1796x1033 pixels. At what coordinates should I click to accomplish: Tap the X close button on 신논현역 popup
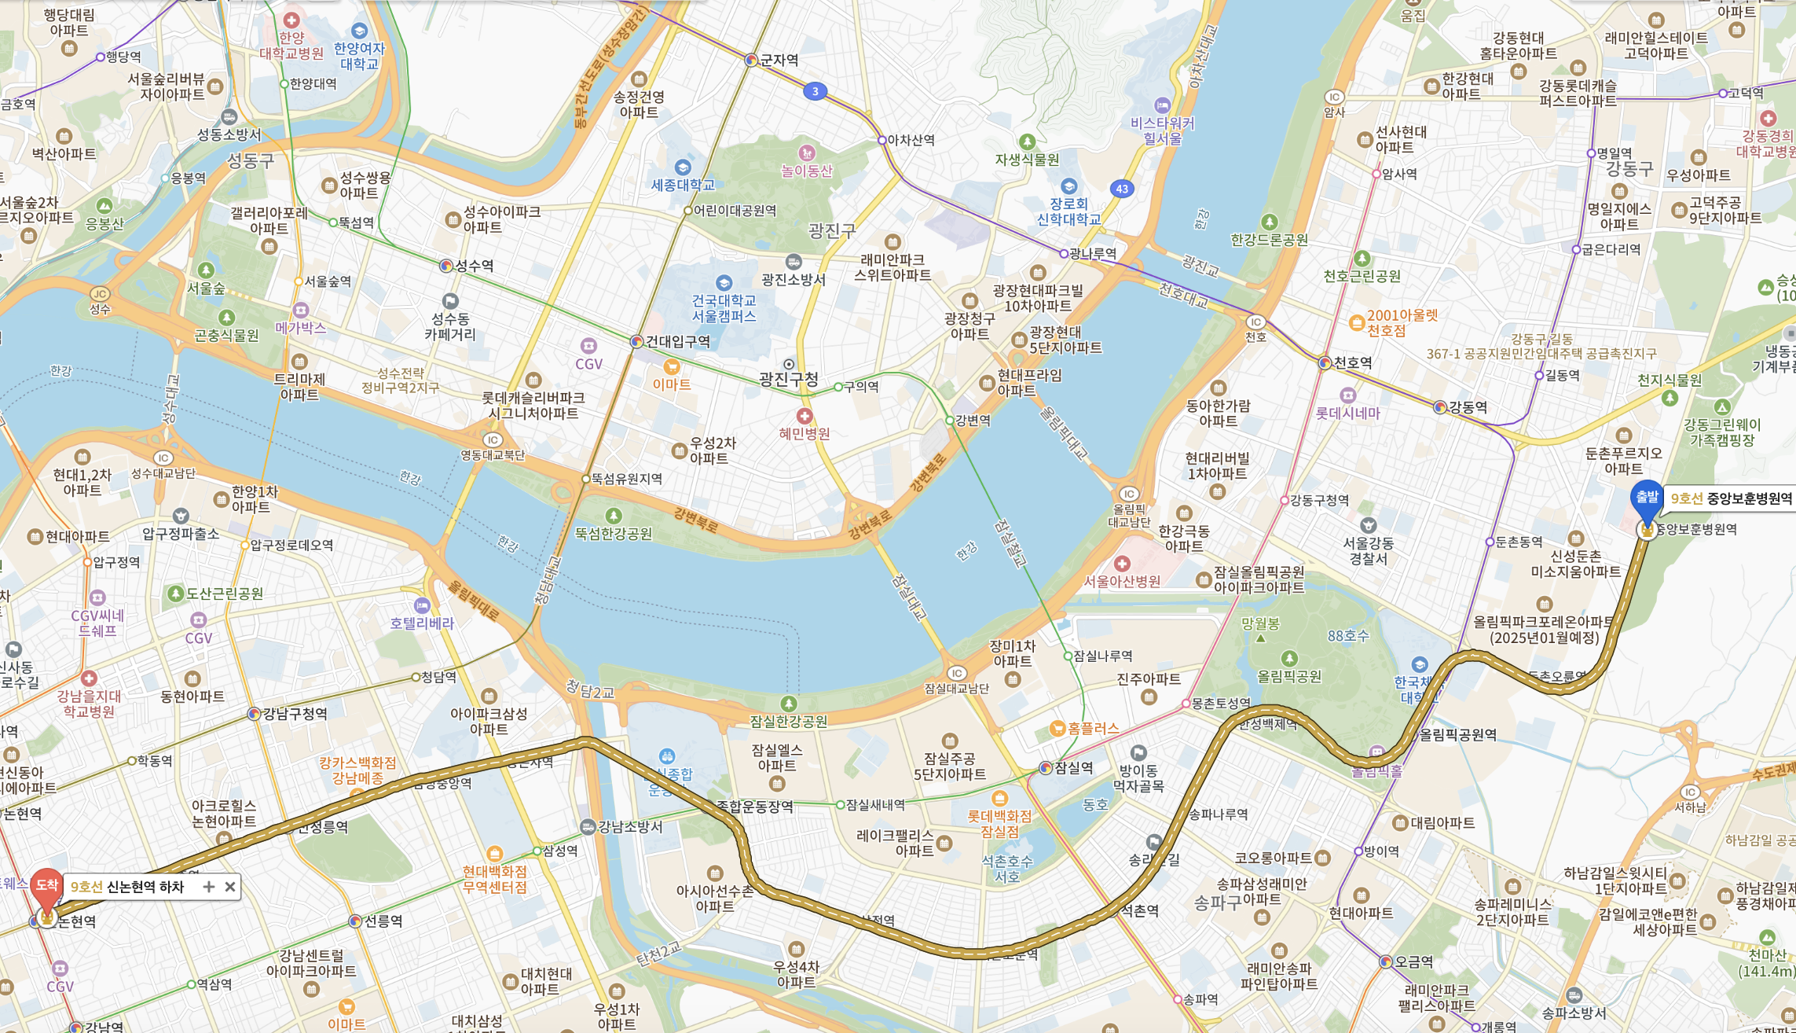coord(229,887)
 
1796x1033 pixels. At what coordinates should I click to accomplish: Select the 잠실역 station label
coord(1072,768)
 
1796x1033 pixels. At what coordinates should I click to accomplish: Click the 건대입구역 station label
coord(676,341)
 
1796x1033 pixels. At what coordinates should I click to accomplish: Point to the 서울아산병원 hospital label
coord(1122,581)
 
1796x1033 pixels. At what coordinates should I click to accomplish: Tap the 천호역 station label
coord(1352,362)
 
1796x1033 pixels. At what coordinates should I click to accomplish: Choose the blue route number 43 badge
coord(1121,189)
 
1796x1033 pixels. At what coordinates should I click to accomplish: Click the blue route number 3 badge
coord(815,91)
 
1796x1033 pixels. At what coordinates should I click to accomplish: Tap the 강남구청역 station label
coord(295,714)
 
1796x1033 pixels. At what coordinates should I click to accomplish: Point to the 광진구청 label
coord(788,379)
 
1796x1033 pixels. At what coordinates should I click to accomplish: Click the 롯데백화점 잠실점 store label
coord(999,823)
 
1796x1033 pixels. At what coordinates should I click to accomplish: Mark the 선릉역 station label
coord(383,921)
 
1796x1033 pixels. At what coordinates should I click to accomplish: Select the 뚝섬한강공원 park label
coord(613,533)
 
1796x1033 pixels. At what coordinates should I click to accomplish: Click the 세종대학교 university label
coord(683,185)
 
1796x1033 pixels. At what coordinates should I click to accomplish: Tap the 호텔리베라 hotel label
coord(422,623)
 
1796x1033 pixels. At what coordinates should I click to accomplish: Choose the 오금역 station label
coord(1413,961)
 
